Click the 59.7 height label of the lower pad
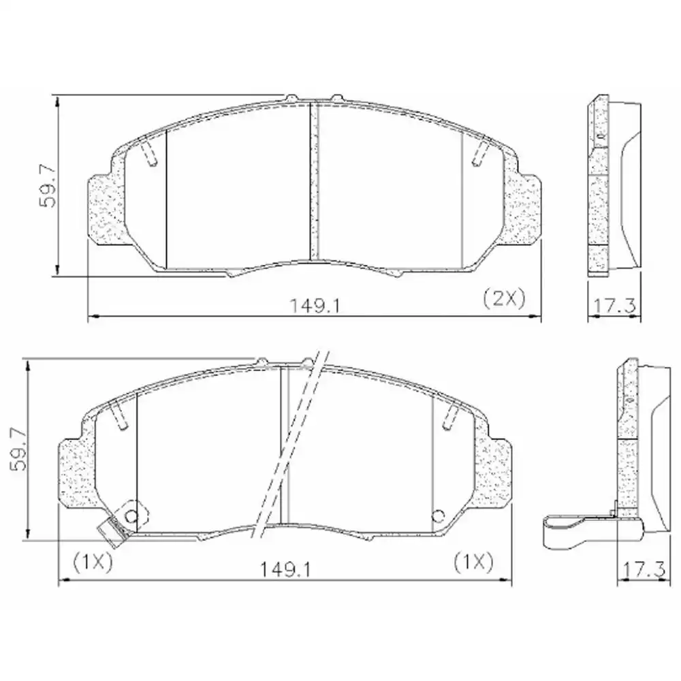pos(18,449)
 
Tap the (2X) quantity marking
pos(503,298)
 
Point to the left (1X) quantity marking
pos(92,562)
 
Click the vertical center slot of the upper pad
pos(315,180)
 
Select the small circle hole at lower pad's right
pos(439,516)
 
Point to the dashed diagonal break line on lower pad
pos(289,443)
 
